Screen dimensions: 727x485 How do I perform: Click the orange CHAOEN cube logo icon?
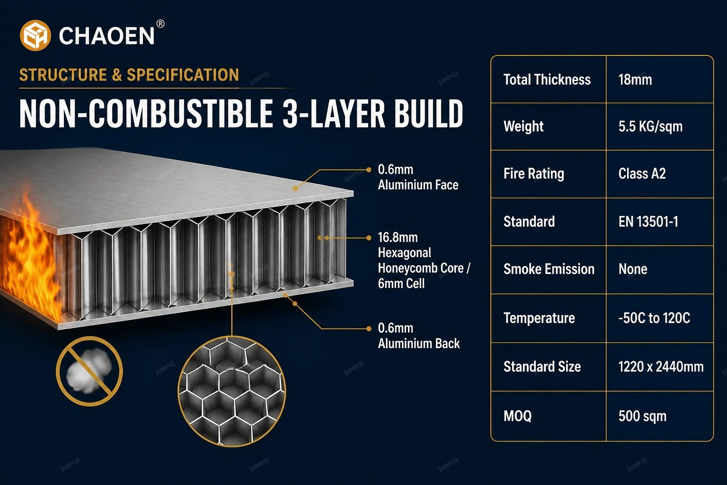(35, 36)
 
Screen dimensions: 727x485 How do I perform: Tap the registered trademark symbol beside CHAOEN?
(160, 24)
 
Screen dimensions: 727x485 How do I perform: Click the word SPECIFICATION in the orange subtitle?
(183, 75)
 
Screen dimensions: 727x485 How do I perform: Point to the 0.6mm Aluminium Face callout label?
(418, 177)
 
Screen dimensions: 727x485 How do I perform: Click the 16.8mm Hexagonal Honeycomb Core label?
(424, 260)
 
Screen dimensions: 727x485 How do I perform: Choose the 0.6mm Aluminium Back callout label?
(419, 336)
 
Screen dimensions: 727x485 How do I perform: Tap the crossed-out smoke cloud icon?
(89, 371)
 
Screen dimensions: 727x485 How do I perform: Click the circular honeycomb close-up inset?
(232, 391)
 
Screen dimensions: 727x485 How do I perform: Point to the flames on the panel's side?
(31, 257)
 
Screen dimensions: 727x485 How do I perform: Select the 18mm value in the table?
(635, 80)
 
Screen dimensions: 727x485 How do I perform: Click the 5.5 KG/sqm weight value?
(650, 126)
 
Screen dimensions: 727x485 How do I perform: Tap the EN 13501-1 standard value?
(648, 222)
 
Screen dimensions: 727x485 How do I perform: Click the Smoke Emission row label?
(549, 269)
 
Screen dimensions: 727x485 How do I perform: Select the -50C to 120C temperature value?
(654, 318)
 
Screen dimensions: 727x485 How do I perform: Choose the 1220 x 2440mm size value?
(661, 367)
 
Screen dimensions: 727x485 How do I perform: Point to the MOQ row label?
(517, 416)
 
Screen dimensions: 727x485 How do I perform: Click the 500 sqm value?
(642, 416)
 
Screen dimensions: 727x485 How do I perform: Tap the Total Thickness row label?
(547, 80)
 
